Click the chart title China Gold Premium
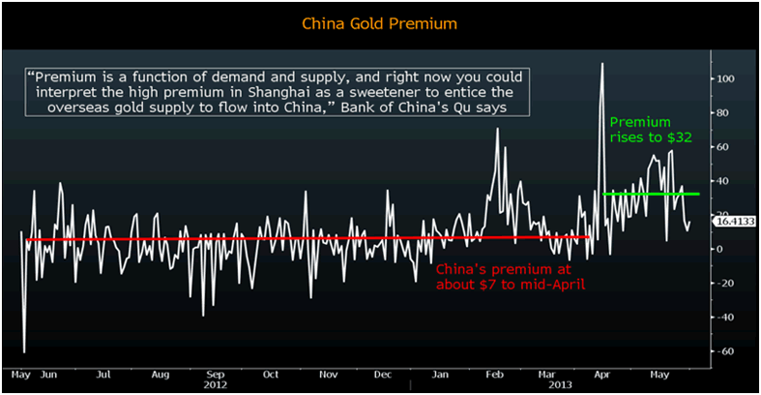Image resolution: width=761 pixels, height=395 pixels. [x=380, y=21]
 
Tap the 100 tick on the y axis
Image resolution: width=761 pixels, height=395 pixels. [x=724, y=78]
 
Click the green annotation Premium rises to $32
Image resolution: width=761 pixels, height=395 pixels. [x=649, y=131]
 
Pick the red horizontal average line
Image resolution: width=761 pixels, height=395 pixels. [x=290, y=238]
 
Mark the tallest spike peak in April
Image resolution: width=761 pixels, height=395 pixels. [x=601, y=64]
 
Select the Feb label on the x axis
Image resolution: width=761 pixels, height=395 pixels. [x=493, y=373]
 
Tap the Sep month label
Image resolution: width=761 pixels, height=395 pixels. [x=217, y=373]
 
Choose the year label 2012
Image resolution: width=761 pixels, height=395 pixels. [x=217, y=383]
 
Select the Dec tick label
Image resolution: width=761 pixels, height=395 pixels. [x=383, y=373]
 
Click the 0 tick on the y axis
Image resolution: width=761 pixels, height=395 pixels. [x=718, y=249]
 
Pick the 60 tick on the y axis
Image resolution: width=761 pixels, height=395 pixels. [x=721, y=147]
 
